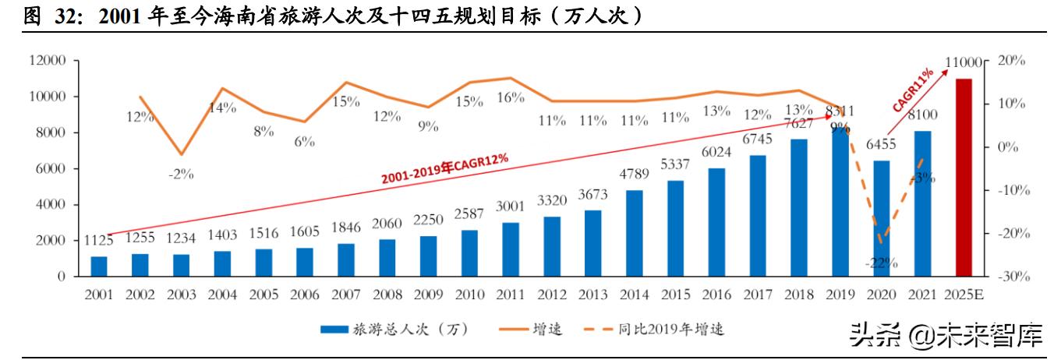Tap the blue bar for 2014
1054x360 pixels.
(x=635, y=233)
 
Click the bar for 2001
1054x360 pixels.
(x=99, y=266)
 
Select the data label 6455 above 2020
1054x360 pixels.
(x=882, y=145)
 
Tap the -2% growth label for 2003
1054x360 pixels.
(x=180, y=174)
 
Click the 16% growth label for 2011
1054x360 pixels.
(x=510, y=97)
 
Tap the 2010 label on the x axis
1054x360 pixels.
(x=469, y=295)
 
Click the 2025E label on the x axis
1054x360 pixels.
(x=964, y=295)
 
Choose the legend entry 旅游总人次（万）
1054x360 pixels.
(x=394, y=330)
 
